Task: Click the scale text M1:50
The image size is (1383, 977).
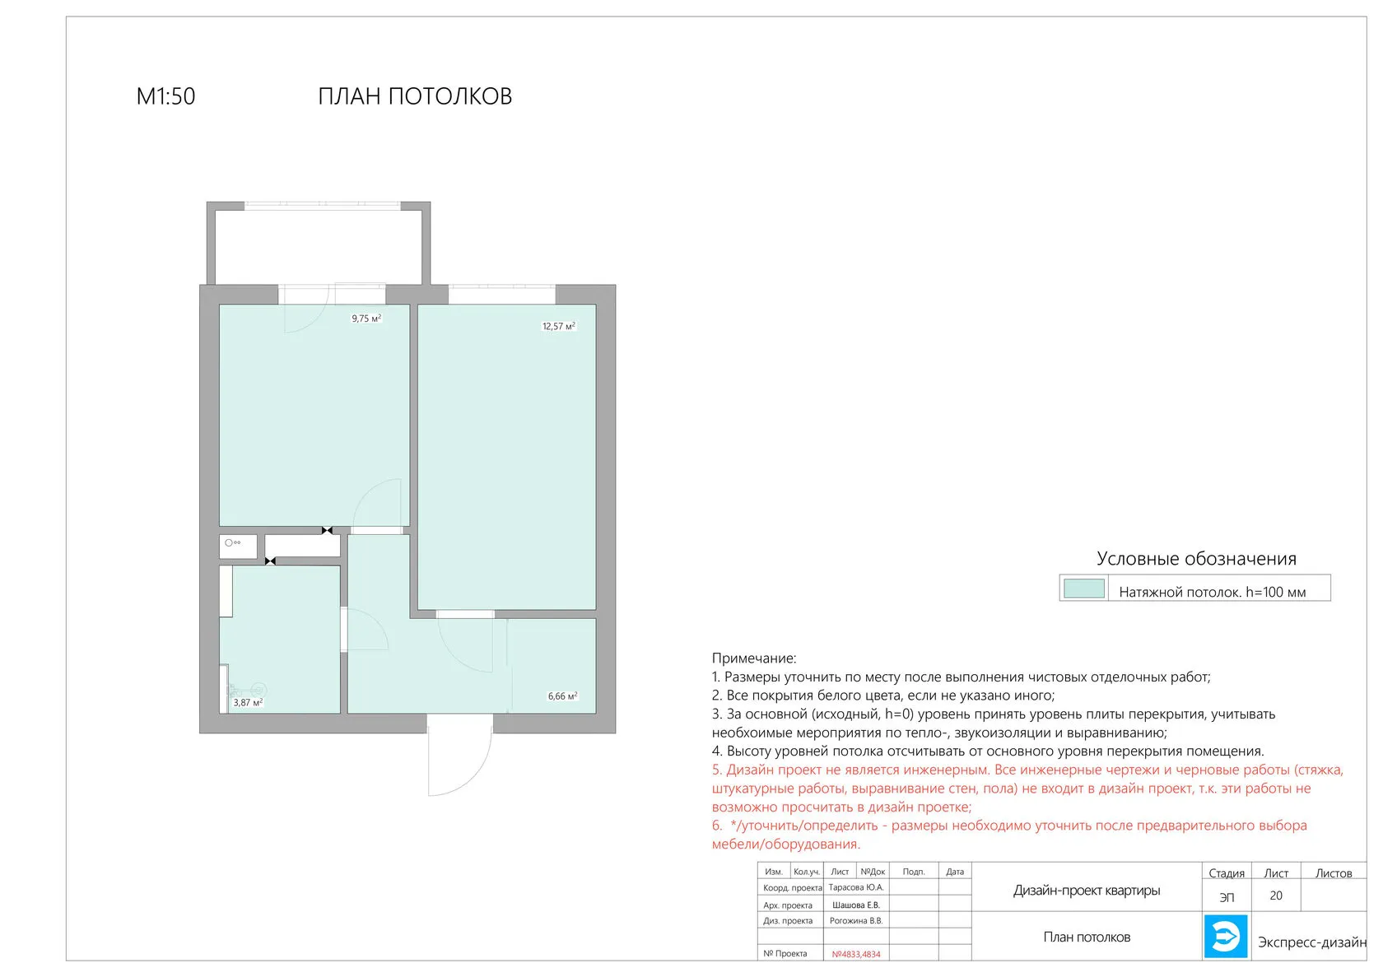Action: coord(165,96)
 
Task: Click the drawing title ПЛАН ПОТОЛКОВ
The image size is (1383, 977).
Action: coord(415,96)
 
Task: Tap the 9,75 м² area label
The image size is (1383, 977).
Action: coord(367,319)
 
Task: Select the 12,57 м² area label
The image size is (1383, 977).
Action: coord(559,326)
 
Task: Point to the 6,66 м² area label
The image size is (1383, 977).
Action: coord(562,696)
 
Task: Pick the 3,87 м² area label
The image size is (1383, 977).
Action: coord(248,702)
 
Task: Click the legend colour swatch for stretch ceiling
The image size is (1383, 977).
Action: coord(1084,589)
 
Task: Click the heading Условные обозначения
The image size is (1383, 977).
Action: coord(1197,559)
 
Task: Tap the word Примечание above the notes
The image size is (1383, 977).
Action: coord(754,658)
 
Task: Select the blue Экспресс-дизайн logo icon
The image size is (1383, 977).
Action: coord(1226,937)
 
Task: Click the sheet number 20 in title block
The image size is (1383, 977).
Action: coord(1276,896)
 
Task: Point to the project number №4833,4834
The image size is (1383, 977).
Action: coord(856,954)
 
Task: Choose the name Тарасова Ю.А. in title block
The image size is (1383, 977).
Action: coord(856,887)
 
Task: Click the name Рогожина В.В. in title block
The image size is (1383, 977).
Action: coord(856,921)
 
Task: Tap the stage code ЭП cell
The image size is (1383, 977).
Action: coord(1227,897)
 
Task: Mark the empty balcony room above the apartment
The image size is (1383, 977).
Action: coord(319,248)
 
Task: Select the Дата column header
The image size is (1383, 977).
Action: coord(955,872)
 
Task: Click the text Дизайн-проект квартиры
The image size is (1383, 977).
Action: coord(1087,891)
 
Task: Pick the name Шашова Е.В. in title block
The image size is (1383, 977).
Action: coord(856,905)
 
